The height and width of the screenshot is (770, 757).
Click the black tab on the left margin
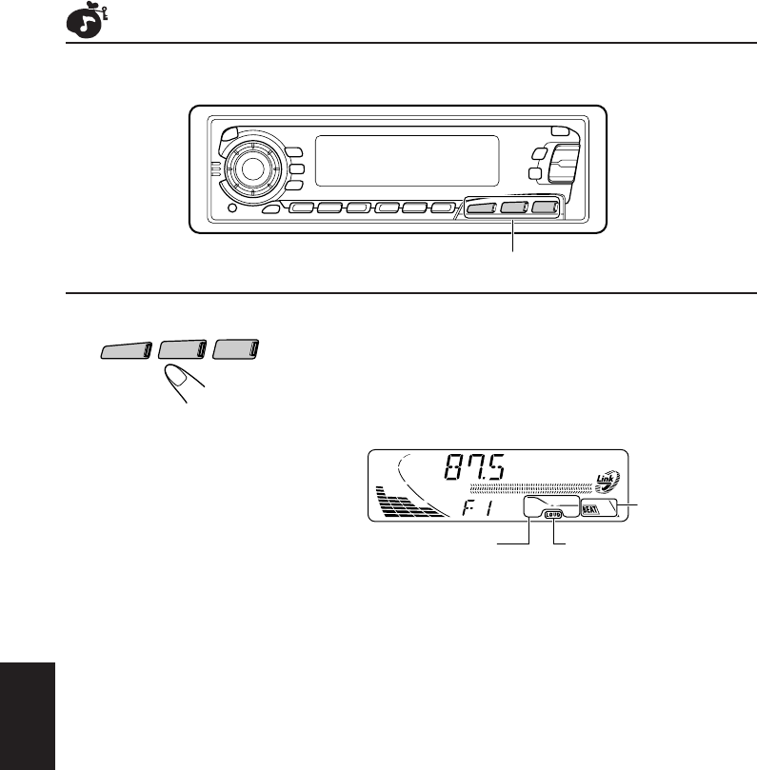pyautogui.click(x=28, y=709)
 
